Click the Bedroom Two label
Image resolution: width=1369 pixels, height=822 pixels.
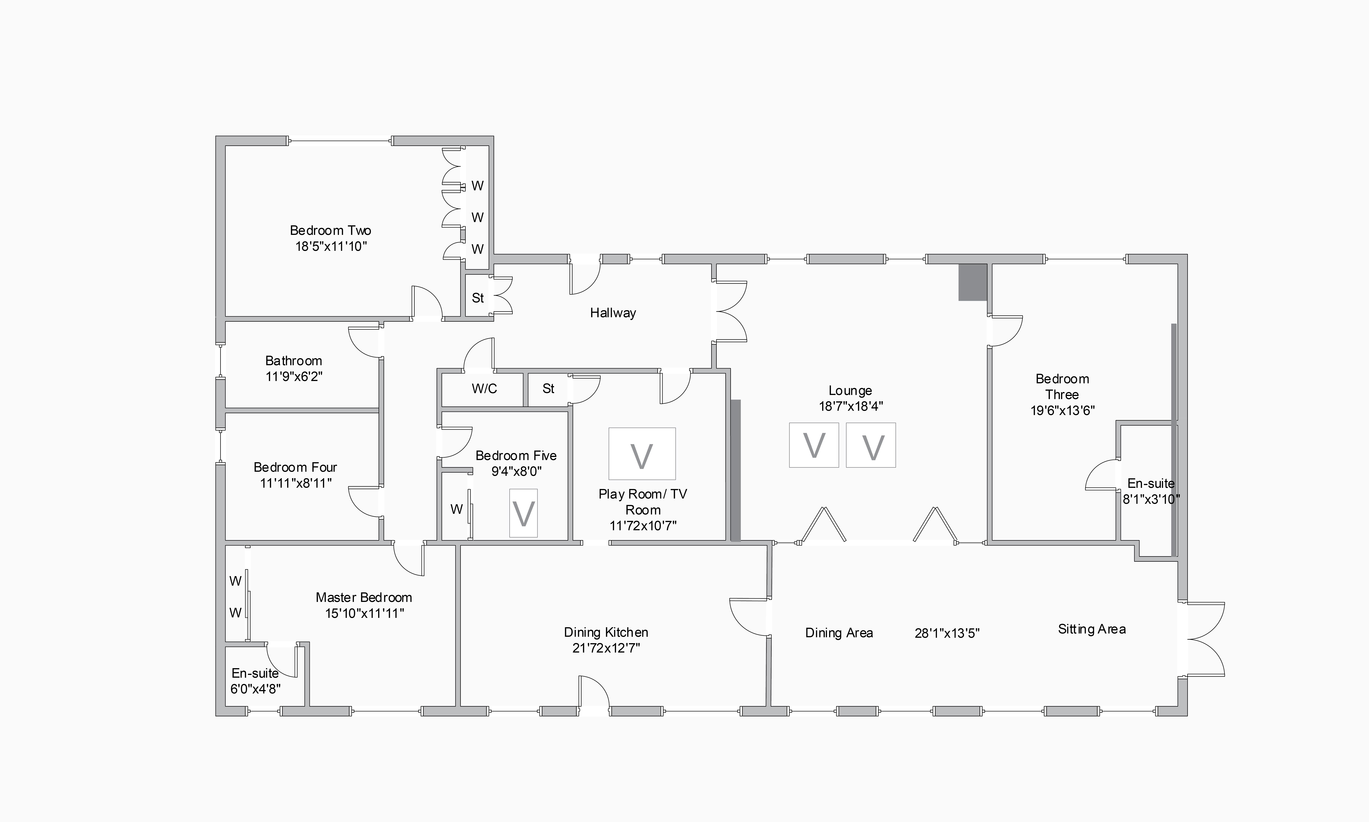click(331, 230)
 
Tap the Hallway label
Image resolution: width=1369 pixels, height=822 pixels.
click(613, 313)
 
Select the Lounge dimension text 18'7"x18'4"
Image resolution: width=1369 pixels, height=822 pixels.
click(851, 406)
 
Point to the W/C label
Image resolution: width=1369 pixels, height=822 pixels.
click(484, 389)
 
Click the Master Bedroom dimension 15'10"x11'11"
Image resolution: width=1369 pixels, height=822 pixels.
click(364, 613)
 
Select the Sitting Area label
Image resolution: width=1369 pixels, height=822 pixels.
click(1092, 629)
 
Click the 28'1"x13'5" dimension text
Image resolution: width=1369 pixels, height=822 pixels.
click(947, 633)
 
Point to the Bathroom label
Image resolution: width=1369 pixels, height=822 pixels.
click(293, 361)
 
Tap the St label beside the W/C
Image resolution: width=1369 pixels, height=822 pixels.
click(548, 389)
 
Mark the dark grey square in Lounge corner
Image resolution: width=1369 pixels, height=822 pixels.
click(973, 283)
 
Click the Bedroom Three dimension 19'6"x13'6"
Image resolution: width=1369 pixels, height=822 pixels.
click(1062, 410)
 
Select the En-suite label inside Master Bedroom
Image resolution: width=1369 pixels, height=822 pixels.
click(255, 674)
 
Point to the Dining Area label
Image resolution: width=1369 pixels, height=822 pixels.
click(839, 633)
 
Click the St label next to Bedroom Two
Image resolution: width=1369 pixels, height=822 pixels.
click(478, 298)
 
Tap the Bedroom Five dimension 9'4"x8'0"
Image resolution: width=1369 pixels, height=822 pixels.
click(516, 471)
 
